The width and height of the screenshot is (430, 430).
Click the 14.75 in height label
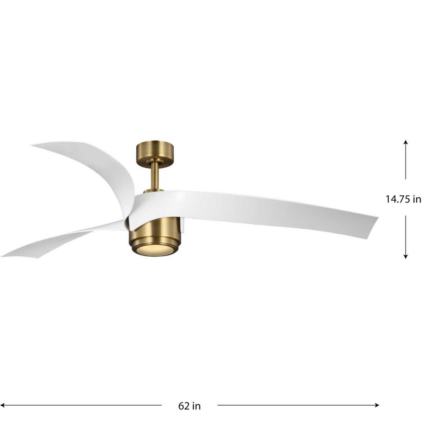[x=403, y=199]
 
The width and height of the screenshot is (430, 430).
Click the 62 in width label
[x=189, y=405]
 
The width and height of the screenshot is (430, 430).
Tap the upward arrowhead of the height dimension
[x=405, y=142]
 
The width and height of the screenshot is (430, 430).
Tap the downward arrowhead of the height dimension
[x=405, y=257]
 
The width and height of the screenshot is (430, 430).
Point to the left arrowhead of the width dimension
[x=3, y=405]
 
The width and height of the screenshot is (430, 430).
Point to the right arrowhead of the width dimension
[x=377, y=405]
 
